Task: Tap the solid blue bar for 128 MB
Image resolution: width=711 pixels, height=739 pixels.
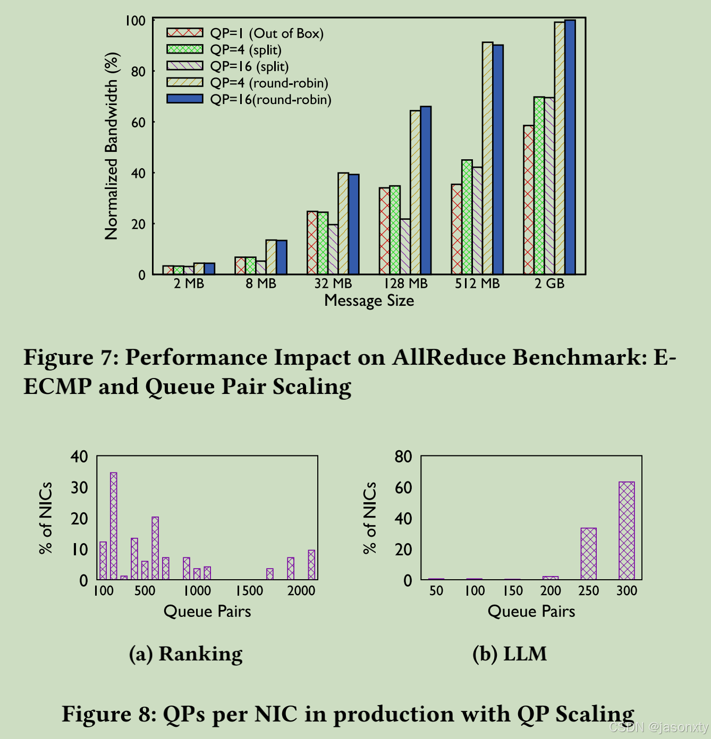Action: [426, 191]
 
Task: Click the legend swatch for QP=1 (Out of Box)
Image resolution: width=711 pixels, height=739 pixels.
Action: [184, 33]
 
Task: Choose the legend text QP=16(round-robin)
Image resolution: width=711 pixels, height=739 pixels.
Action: [270, 100]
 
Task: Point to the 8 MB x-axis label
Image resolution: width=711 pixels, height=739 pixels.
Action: [261, 283]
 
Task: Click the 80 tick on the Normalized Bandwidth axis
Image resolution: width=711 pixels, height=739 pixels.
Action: [138, 71]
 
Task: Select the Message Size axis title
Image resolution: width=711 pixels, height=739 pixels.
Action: [369, 300]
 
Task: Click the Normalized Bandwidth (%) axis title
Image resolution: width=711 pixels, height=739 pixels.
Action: [112, 146]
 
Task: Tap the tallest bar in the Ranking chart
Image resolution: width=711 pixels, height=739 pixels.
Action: [113, 526]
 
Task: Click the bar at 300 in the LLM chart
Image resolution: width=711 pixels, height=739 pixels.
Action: [627, 530]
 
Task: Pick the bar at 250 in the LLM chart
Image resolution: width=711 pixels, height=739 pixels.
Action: [588, 553]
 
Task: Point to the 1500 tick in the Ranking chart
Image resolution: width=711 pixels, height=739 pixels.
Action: [249, 590]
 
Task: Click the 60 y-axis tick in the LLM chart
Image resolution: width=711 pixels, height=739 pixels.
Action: [403, 487]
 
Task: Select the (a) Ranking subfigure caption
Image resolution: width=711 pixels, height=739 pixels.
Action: [185, 654]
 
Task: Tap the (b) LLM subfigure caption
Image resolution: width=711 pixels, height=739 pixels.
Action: [509, 654]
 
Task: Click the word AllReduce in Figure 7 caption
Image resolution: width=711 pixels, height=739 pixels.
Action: [448, 357]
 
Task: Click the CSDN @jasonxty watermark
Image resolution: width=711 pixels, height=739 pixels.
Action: [658, 727]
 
